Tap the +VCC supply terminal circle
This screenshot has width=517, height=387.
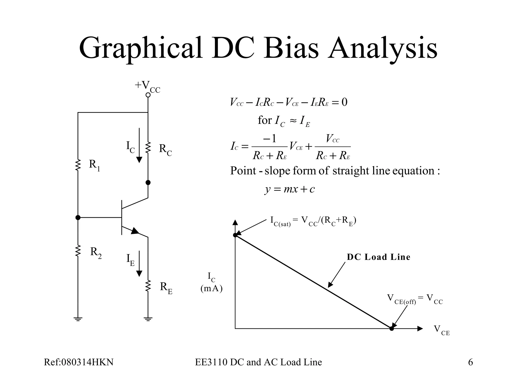[x=148, y=95]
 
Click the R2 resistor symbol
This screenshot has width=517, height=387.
[x=78, y=251]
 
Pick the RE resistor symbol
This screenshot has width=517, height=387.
[x=148, y=286]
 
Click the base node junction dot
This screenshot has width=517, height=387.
[x=78, y=217]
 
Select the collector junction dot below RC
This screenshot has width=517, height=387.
[x=148, y=182]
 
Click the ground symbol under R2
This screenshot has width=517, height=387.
[x=78, y=319]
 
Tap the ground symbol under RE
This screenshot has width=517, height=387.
[x=148, y=319]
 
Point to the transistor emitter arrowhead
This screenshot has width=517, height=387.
[x=135, y=231]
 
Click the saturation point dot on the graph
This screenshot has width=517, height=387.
[x=235, y=235]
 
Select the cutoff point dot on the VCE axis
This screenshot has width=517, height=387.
[x=392, y=329]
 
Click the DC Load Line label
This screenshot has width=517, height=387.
[x=378, y=257]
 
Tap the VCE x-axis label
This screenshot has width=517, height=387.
[x=442, y=330]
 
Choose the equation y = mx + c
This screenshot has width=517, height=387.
[x=290, y=189]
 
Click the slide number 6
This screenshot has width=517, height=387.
[x=470, y=362]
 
